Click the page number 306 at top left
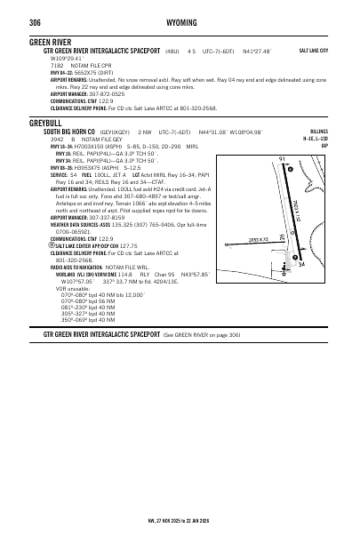tap(36, 21)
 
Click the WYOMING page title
tap(181, 21)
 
